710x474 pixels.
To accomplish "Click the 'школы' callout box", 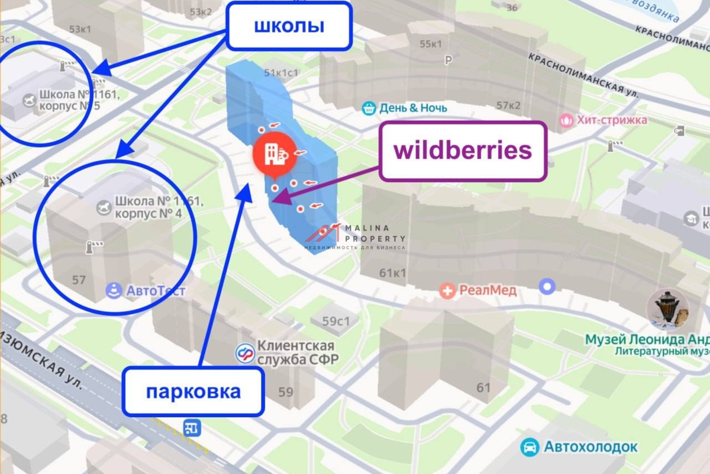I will click(289, 26).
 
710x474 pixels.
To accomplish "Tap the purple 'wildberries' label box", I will click(463, 151).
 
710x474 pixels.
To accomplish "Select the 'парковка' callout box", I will click(193, 392).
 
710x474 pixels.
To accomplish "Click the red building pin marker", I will click(272, 155).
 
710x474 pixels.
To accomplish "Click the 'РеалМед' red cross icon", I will click(448, 291).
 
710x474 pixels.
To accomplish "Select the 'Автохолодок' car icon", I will click(530, 447).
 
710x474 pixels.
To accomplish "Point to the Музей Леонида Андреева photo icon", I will click(670, 308).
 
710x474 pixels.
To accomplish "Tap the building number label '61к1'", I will click(393, 273).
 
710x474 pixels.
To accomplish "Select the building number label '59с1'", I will click(337, 321).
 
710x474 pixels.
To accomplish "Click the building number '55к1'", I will click(431, 44).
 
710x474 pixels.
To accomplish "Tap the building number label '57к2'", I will click(508, 105).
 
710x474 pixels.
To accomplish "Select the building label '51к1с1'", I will click(281, 73).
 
